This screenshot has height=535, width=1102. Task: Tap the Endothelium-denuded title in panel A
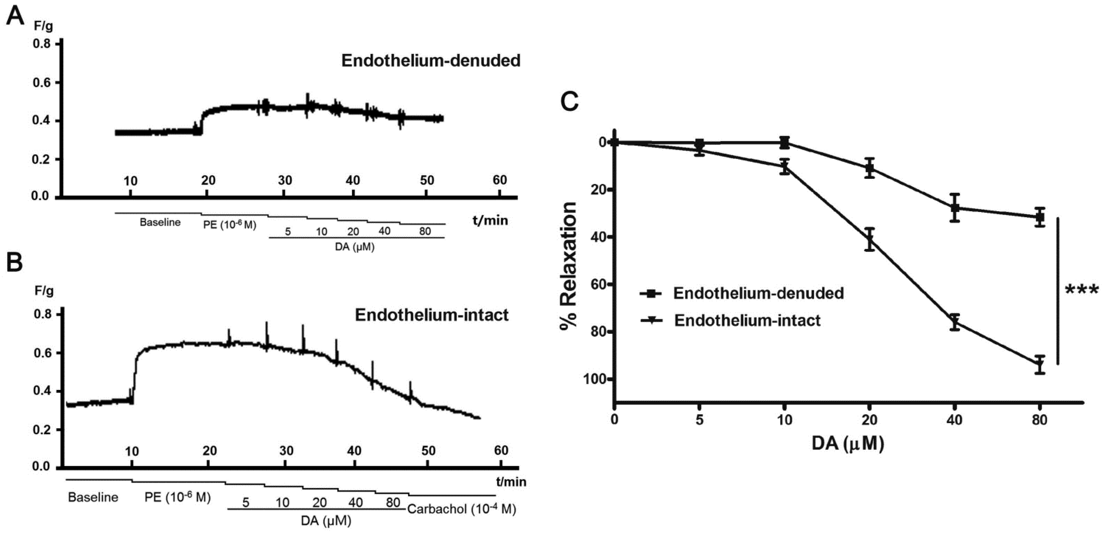430,60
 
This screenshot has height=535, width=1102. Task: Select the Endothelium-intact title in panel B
432,315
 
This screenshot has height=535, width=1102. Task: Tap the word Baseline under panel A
160,222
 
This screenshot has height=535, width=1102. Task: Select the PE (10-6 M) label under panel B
177,497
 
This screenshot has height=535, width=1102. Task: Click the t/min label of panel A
490,221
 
